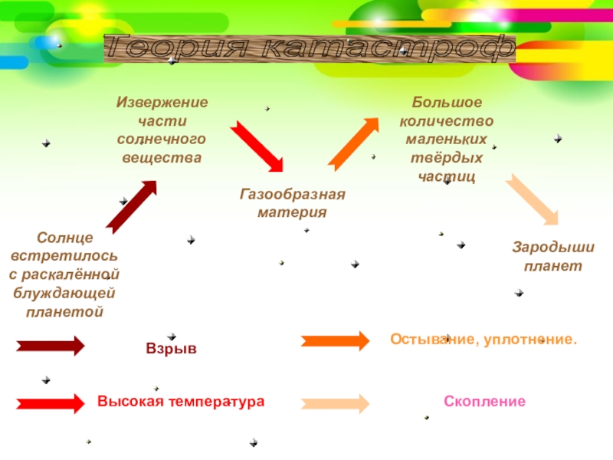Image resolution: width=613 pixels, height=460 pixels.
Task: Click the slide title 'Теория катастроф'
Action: click(310, 49)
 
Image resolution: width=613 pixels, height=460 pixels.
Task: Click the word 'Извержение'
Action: click(162, 102)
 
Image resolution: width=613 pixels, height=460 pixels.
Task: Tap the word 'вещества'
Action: click(162, 157)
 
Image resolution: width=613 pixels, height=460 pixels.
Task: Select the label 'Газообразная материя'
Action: click(292, 203)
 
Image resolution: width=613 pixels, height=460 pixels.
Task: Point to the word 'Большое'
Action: click(447, 102)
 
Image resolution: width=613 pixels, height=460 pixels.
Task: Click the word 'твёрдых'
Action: click(447, 157)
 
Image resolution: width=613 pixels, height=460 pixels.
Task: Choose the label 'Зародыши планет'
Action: click(553, 257)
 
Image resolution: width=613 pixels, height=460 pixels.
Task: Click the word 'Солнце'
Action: click(64, 238)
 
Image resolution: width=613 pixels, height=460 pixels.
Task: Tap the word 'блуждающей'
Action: click(64, 294)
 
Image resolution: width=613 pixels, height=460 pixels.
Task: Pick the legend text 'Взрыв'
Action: click(171, 348)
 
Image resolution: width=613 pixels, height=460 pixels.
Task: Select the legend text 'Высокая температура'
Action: click(180, 401)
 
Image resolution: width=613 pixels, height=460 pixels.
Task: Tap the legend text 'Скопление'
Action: click(484, 401)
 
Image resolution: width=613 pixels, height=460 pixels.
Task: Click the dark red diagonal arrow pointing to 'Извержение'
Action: click(131, 206)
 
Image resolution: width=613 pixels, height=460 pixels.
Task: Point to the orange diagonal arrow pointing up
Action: click(354, 143)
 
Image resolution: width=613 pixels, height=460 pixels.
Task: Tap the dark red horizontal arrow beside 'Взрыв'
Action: click(51, 346)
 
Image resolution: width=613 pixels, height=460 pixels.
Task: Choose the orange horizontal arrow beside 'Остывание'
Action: click(335, 340)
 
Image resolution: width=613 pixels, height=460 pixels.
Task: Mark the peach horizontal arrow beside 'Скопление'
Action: click(335, 403)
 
